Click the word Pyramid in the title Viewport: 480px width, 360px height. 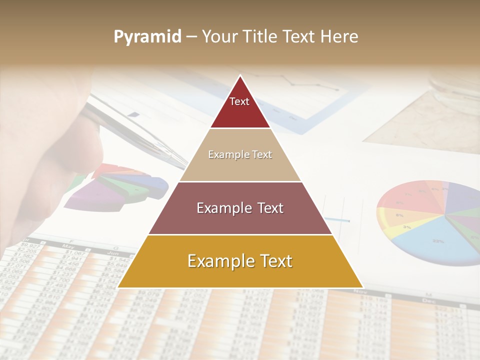[147, 37]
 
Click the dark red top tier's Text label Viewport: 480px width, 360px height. [239, 101]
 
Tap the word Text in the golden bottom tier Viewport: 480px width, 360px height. [271, 261]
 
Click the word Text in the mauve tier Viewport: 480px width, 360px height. [267, 208]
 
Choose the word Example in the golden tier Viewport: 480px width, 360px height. [217, 261]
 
